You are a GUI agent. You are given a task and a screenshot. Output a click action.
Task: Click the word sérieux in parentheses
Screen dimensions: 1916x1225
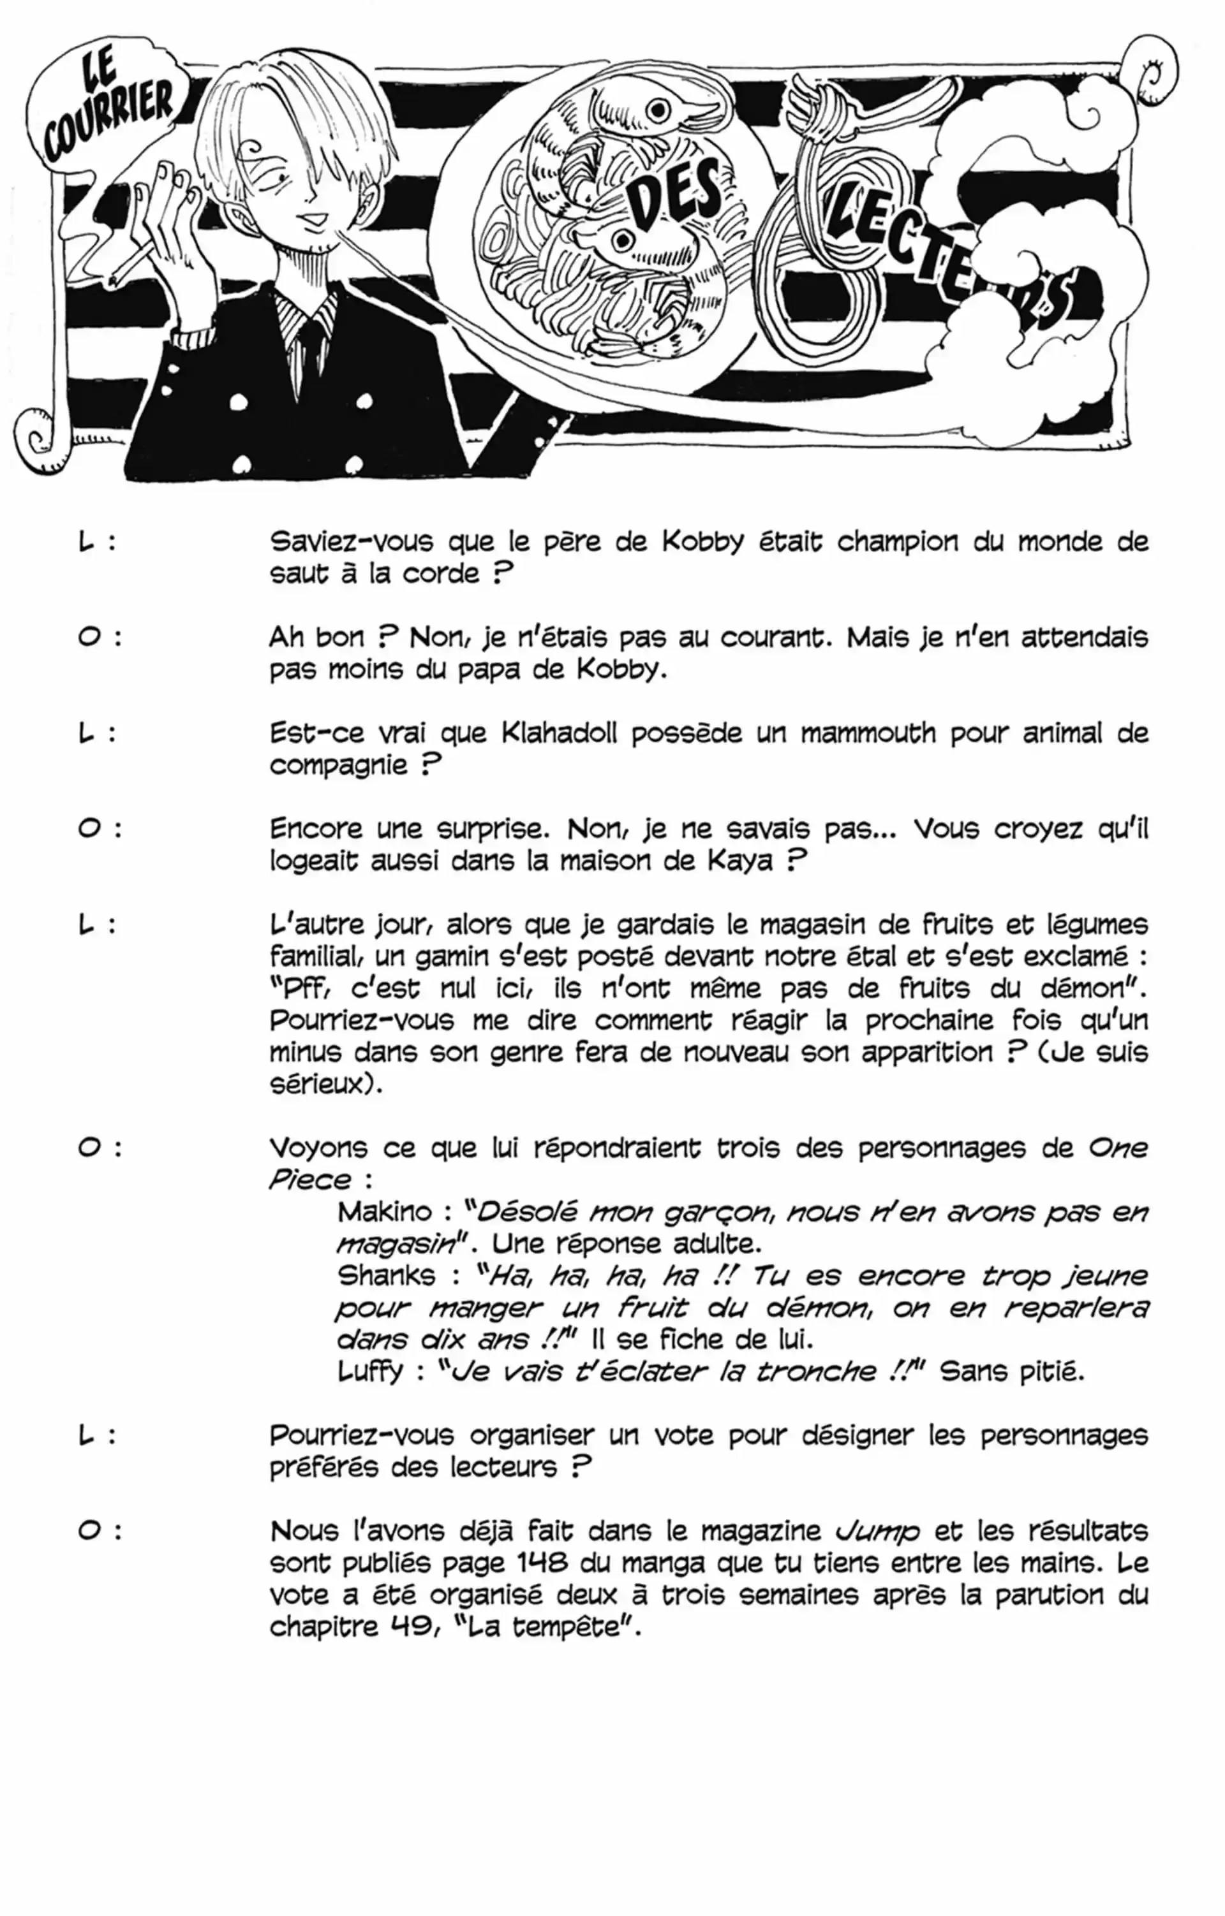(x=319, y=1085)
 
